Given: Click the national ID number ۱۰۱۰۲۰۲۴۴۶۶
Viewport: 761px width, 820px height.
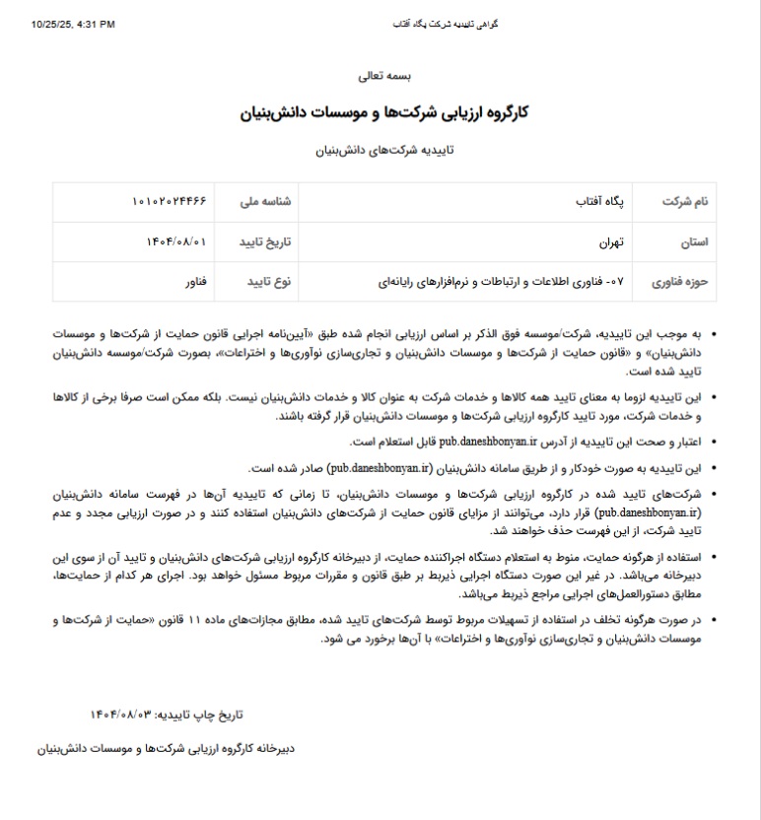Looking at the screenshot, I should [170, 200].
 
